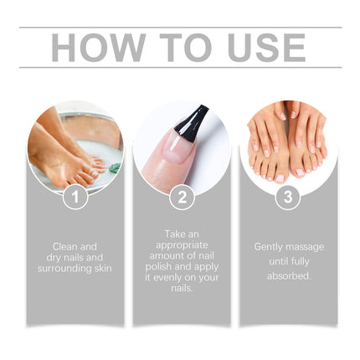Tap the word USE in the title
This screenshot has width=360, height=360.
coord(257,48)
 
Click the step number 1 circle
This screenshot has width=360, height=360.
coord(74,198)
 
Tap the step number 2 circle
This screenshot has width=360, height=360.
coord(182,198)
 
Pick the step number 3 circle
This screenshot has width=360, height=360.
coord(289,198)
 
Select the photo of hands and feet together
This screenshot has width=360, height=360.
coord(289,142)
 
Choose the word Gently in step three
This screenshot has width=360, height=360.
coord(270,247)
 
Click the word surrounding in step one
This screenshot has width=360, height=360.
coord(63,268)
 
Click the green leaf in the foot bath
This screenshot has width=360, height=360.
coord(114,167)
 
